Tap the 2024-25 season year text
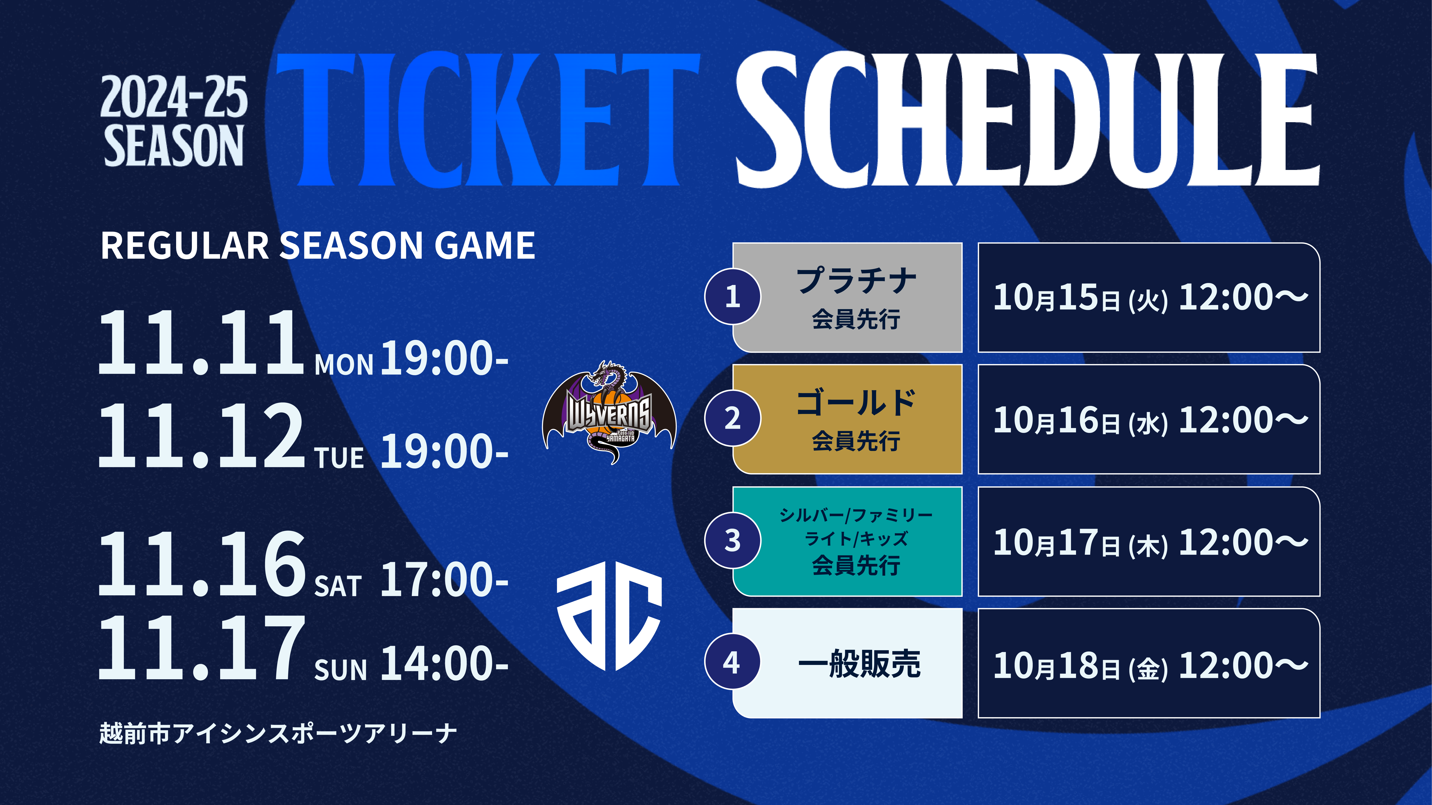coord(174,97)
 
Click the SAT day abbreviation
coord(338,586)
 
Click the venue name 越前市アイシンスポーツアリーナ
coord(278,733)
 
